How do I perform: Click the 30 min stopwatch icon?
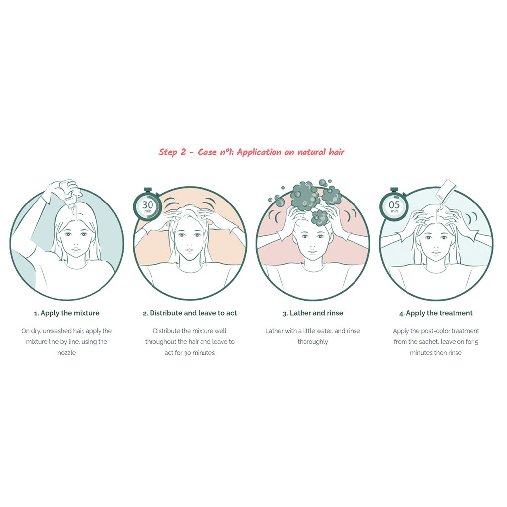coord(148,204)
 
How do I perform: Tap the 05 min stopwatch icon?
coord(394,204)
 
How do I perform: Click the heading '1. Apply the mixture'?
coord(67,313)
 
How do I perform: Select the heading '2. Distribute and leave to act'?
coord(190,313)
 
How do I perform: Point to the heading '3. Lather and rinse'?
coord(313,313)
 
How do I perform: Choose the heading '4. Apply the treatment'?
coord(436,313)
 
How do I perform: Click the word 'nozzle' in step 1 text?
coord(67,353)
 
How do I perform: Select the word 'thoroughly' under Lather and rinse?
coord(313,342)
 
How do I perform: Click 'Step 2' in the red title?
coord(172,152)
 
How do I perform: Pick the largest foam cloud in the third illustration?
coord(303,195)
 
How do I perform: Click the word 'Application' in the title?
coord(259,152)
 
